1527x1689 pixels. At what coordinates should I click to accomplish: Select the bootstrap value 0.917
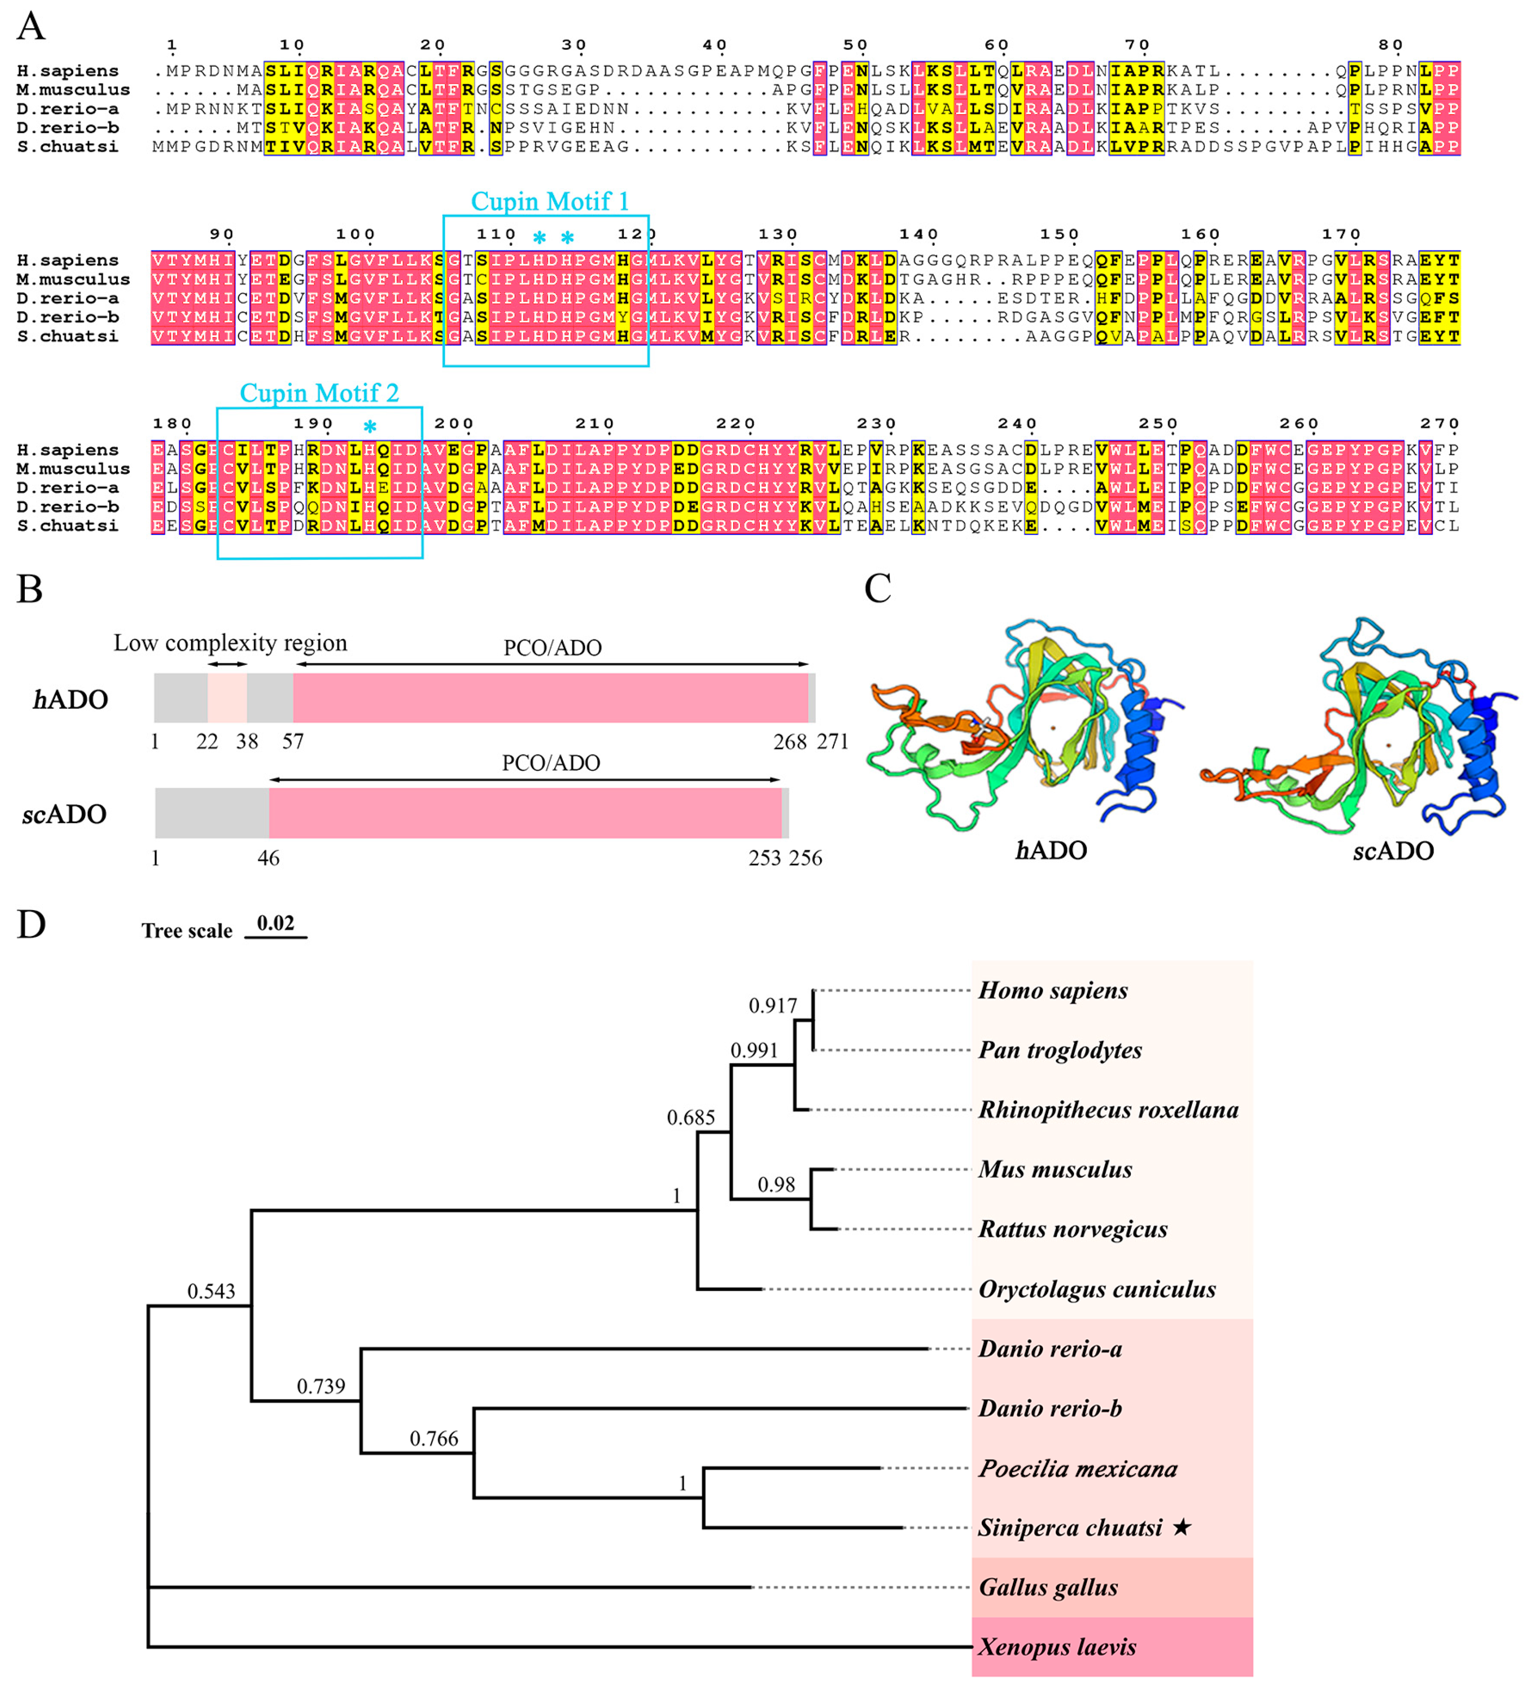(x=772, y=1006)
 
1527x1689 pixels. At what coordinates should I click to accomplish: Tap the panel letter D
(x=31, y=925)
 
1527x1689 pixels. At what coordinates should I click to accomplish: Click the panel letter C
(x=877, y=589)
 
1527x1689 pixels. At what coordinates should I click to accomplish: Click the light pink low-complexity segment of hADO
(x=227, y=698)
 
